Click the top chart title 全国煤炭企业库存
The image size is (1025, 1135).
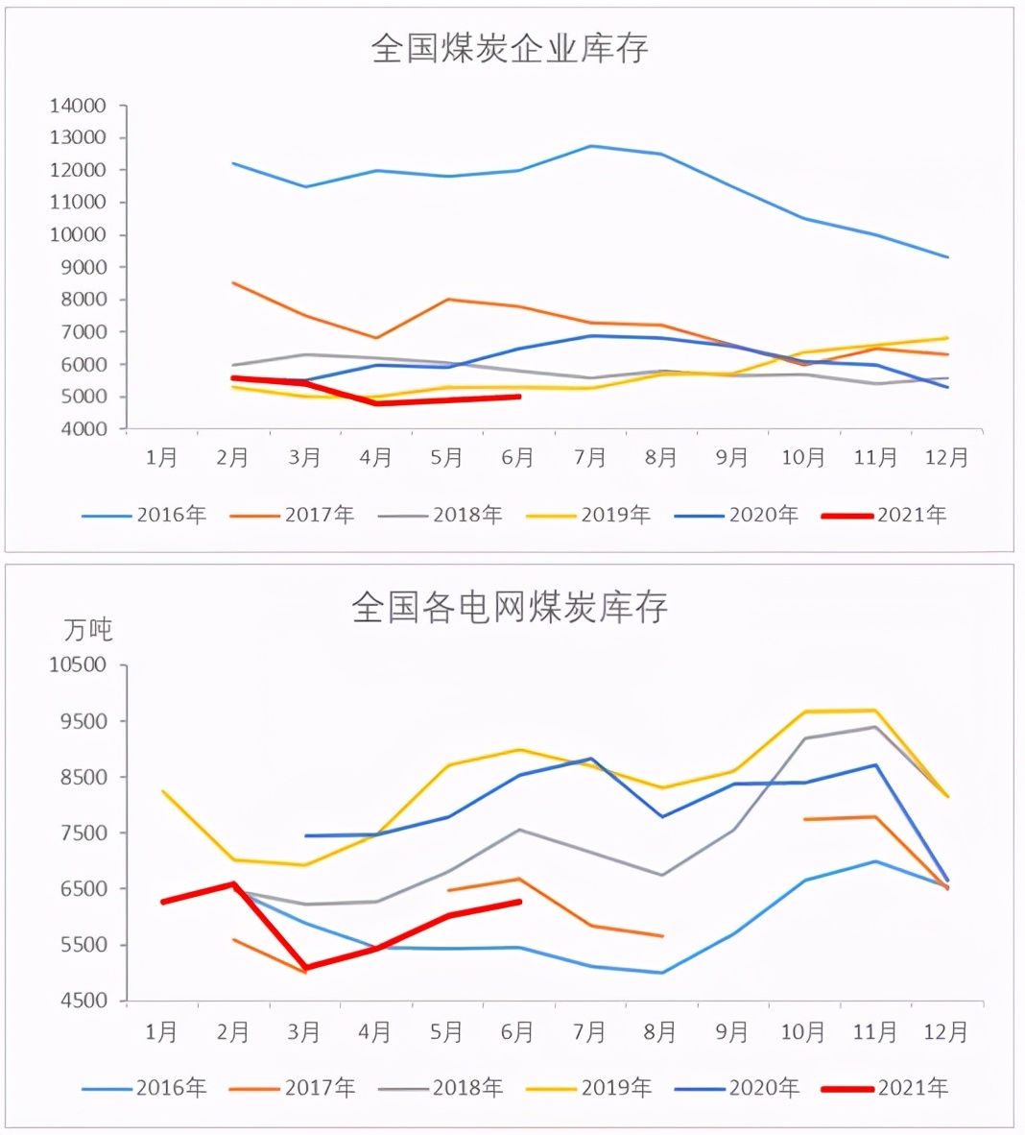click(x=510, y=48)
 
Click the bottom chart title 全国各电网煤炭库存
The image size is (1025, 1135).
click(x=510, y=607)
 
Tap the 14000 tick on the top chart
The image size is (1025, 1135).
click(x=78, y=106)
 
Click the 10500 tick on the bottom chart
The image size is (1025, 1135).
click(x=78, y=664)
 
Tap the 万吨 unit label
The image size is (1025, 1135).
click(x=88, y=630)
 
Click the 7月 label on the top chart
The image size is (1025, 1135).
click(x=589, y=458)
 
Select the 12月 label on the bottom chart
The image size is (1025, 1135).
click(x=946, y=1032)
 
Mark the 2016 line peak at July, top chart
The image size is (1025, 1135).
click(x=590, y=146)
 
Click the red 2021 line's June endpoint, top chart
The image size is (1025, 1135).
click(x=519, y=396)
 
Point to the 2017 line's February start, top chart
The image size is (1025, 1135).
click(x=233, y=283)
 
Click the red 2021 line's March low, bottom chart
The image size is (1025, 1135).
click(x=305, y=968)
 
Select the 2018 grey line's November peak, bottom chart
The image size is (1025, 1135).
click(x=875, y=727)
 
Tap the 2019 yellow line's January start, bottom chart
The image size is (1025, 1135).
click(x=162, y=791)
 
